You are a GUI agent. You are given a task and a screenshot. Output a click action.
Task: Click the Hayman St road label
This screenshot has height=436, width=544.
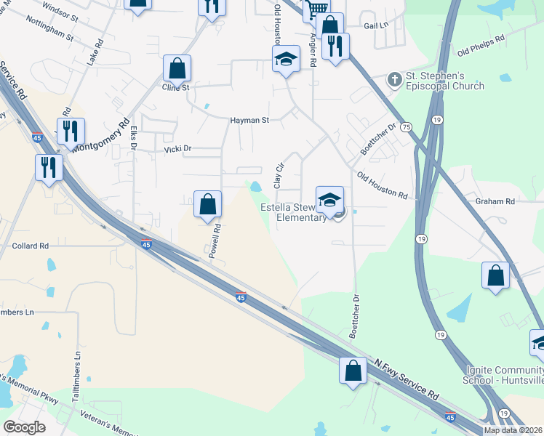[x=249, y=121]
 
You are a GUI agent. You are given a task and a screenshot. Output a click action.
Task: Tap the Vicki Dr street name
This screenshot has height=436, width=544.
[x=177, y=149]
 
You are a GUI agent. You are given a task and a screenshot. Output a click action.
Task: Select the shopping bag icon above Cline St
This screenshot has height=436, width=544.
[x=177, y=69]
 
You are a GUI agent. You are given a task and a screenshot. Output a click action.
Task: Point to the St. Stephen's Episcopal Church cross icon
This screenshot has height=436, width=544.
[x=395, y=78]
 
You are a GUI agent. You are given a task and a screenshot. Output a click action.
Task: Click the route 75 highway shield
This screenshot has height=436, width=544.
[x=406, y=126]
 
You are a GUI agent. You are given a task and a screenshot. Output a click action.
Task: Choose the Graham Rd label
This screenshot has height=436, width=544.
[x=495, y=201]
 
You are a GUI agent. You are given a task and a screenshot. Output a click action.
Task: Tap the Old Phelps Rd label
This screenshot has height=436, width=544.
[x=481, y=45]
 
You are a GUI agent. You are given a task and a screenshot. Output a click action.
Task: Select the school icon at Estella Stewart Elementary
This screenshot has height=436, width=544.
[x=329, y=200]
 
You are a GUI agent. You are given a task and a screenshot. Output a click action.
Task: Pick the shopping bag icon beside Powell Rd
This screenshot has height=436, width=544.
[x=207, y=204]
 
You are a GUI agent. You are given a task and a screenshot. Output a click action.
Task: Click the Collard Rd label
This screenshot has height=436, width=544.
[x=30, y=246]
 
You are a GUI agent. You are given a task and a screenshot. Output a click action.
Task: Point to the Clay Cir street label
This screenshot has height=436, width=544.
[x=277, y=175]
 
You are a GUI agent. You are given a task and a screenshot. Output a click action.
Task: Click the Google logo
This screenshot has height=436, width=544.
[x=24, y=427]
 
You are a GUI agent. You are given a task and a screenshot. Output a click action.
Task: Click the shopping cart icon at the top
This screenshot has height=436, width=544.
[x=316, y=9]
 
